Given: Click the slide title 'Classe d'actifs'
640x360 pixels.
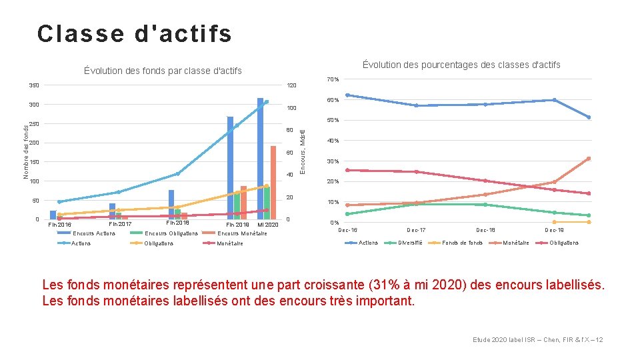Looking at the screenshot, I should tap(135, 34).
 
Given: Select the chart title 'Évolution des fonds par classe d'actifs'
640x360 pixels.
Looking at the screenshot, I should tap(163, 71).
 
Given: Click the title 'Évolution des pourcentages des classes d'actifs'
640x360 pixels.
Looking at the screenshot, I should tap(461, 65).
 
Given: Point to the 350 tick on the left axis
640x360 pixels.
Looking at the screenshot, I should tap(34, 85).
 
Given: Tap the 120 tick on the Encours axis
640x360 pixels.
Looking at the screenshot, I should tap(291, 86).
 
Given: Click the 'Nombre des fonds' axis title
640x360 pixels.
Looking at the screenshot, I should tap(26, 152).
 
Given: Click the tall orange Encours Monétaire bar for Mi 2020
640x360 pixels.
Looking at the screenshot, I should tap(273, 181).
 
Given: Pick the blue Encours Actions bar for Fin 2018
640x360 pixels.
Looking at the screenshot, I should tap(171, 204).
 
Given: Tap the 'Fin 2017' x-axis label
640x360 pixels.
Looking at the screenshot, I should tap(120, 224).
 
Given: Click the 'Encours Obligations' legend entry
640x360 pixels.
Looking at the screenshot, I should tap(171, 233).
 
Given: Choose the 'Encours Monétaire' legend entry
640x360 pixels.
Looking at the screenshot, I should tap(243, 233).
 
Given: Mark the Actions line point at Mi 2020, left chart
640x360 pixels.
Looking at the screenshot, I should tap(267, 102).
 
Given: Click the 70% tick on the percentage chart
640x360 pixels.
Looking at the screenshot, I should tap(333, 80).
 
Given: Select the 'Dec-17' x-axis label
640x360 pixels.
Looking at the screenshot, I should tap(416, 231).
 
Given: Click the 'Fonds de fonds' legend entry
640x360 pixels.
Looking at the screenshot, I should tap(462, 243).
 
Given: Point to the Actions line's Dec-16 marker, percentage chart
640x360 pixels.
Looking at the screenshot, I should tap(347, 95).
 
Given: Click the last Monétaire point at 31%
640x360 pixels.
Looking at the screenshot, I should tap(589, 159).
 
